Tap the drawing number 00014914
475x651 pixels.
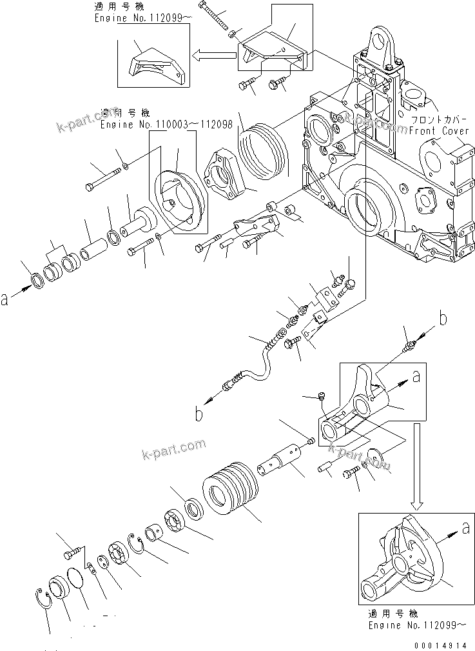point(444,645)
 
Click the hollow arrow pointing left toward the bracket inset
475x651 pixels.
point(215,57)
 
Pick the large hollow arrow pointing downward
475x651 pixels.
point(416,465)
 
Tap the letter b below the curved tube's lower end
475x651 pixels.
point(200,414)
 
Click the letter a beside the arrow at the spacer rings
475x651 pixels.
point(6,298)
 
